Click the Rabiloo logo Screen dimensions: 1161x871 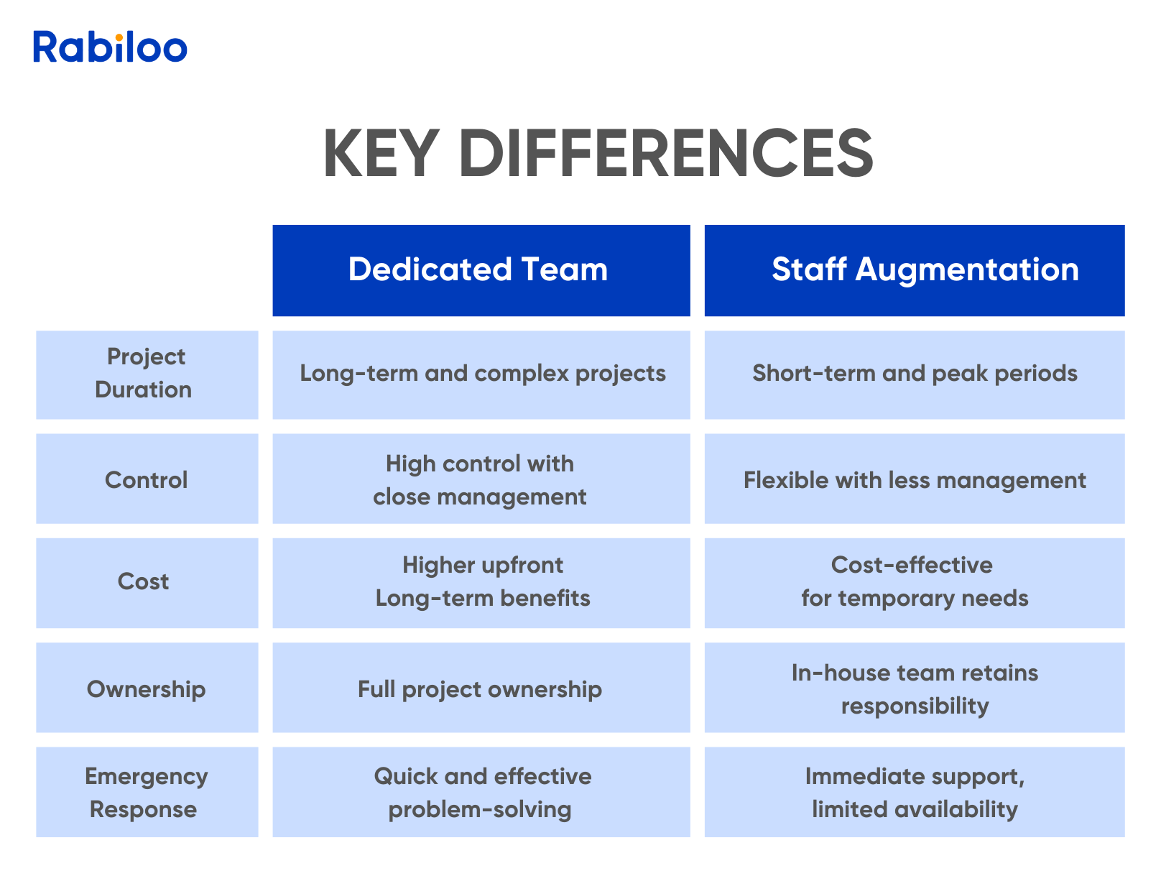click(110, 47)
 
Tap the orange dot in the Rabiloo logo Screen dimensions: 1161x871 click(119, 37)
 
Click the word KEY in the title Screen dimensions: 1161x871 click(381, 153)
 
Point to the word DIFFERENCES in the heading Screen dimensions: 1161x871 click(666, 153)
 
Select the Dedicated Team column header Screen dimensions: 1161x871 click(481, 270)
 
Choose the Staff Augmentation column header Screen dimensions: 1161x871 click(914, 270)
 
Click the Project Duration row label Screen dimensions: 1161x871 click(147, 374)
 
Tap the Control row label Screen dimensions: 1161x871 click(147, 479)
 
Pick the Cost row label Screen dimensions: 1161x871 click(147, 583)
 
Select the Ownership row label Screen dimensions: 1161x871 click(147, 688)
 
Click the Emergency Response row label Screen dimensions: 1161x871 click(147, 792)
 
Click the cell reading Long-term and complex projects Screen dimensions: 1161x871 click(481, 374)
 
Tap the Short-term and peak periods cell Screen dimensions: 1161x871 click(914, 374)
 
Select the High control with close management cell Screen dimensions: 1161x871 click(481, 479)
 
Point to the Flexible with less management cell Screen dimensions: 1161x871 click(914, 479)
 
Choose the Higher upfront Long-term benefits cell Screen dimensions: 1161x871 click(481, 583)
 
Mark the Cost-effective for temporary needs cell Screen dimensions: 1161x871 click(914, 583)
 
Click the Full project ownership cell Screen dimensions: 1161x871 click(481, 688)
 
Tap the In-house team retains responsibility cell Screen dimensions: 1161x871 click(914, 688)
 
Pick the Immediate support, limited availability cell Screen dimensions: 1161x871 click(914, 792)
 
